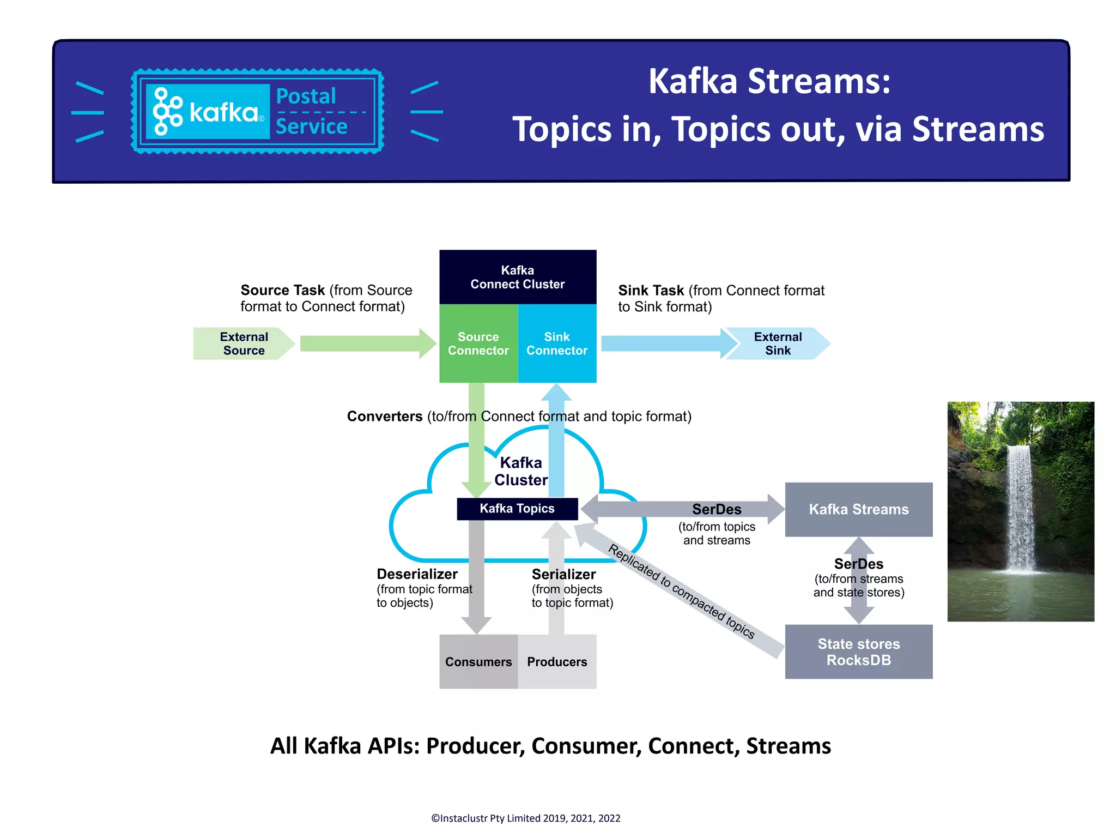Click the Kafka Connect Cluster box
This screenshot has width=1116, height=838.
517,277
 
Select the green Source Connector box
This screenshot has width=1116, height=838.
478,343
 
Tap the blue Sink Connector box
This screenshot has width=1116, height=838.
556,343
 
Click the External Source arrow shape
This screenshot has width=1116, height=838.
243,343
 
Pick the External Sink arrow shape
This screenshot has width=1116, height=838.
778,343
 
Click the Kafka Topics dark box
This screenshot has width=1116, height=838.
517,509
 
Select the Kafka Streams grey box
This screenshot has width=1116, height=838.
858,509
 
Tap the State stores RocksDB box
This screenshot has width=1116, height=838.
858,652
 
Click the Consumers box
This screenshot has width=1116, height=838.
478,661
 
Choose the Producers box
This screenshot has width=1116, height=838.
556,661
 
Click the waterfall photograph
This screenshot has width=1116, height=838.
1020,511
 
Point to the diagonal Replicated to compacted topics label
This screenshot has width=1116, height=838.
681,592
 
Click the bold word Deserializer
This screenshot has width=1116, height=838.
417,574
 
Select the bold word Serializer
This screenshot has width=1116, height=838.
563,574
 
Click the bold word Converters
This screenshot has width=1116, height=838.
385,417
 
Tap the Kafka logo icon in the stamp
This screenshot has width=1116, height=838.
167,111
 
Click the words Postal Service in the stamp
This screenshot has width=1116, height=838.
311,111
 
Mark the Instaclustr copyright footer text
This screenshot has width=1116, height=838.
525,818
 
